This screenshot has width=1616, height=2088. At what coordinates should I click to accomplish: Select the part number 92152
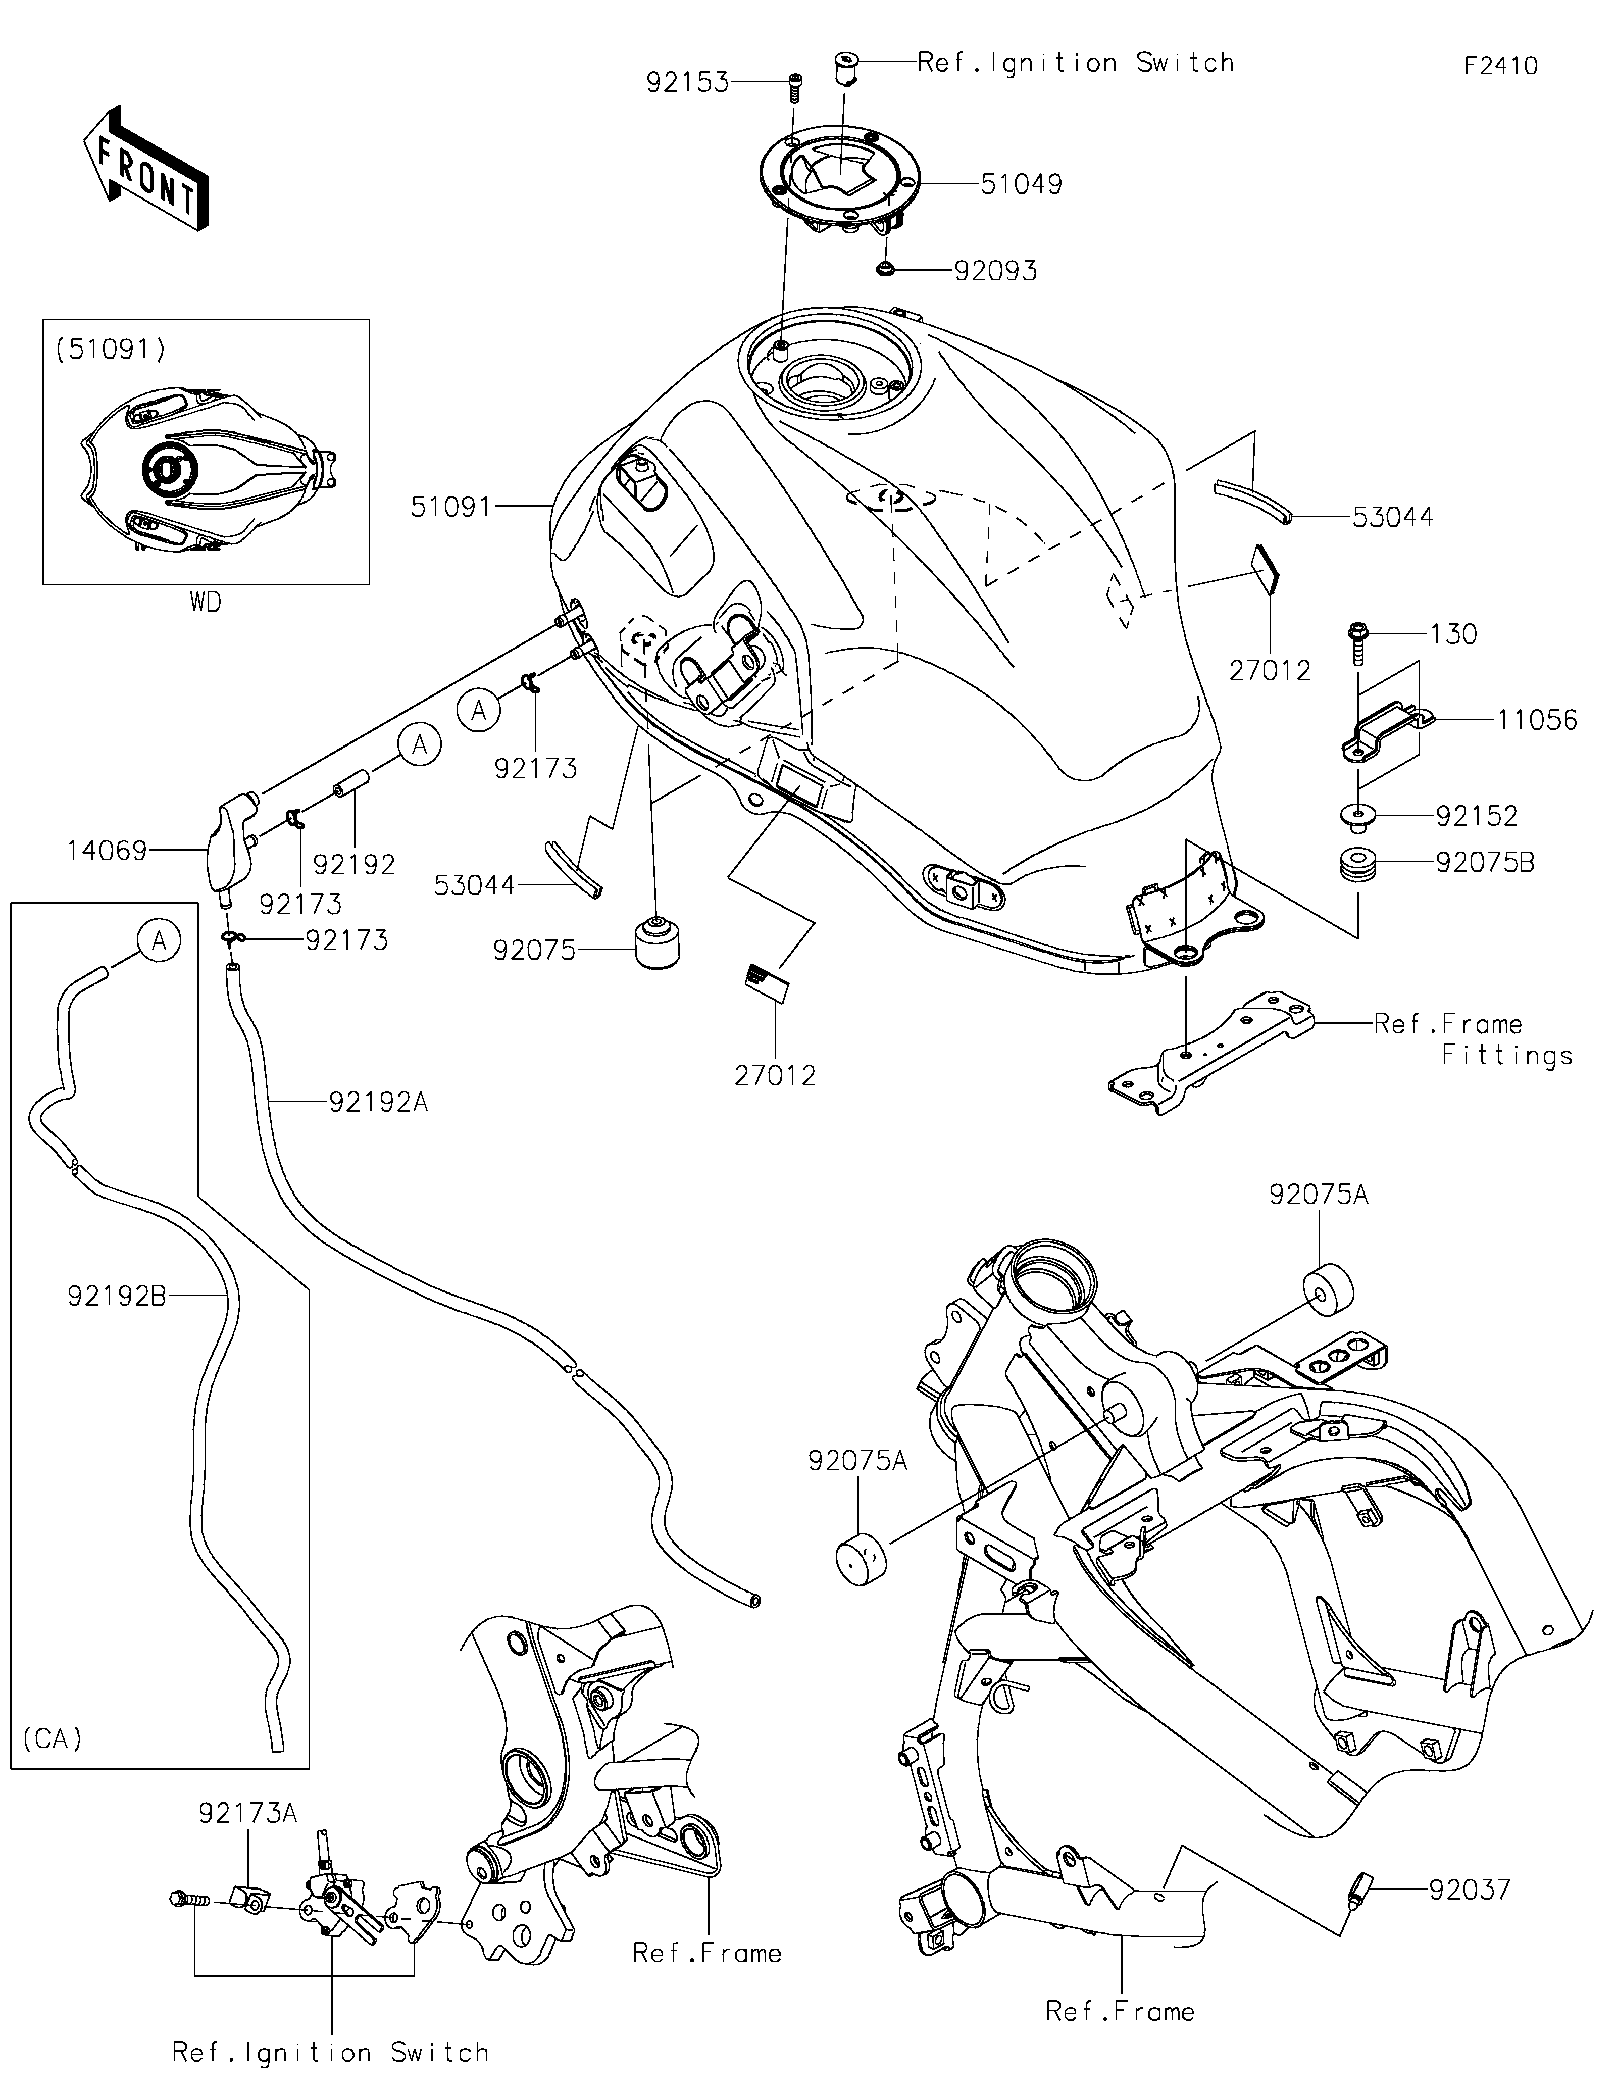(1477, 816)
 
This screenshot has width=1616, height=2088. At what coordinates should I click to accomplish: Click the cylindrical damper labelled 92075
(658, 944)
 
